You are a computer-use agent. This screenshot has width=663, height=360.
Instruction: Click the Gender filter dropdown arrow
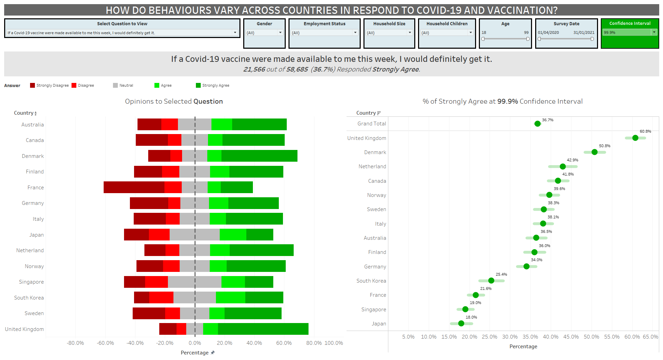pos(280,32)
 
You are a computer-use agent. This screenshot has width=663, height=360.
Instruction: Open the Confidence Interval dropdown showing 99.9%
pos(654,32)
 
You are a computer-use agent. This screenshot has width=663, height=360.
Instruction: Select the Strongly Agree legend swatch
pos(198,85)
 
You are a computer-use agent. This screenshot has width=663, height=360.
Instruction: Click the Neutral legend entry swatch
pos(115,85)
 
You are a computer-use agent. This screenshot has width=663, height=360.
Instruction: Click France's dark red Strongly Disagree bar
pos(134,187)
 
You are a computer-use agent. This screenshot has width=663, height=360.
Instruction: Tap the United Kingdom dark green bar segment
pos(263,329)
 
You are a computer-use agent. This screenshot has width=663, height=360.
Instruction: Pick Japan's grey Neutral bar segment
pos(195,235)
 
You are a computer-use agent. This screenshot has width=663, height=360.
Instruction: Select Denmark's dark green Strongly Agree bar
pos(259,156)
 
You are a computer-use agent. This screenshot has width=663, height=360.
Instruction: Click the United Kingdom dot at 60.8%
pos(635,138)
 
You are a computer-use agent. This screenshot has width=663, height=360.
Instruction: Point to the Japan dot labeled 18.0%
pos(461,323)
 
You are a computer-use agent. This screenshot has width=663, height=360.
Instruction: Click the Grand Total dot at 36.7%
pos(537,124)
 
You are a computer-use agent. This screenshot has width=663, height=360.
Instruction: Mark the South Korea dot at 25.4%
pos(491,281)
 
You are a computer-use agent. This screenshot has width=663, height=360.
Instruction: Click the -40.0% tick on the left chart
pos(135,343)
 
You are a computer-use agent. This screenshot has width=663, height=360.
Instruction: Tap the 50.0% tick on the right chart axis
pos(591,337)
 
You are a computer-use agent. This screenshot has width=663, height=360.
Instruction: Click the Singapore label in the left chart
pos(31,282)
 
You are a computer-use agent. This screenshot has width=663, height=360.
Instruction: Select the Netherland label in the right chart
pos(372,167)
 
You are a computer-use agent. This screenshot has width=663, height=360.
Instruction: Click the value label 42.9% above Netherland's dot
pos(572,160)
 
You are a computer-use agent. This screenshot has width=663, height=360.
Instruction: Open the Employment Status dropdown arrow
pos(355,32)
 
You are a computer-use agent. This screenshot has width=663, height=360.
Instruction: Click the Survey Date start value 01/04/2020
pos(548,32)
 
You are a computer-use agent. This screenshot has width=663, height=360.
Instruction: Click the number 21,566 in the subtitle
pos(254,69)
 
